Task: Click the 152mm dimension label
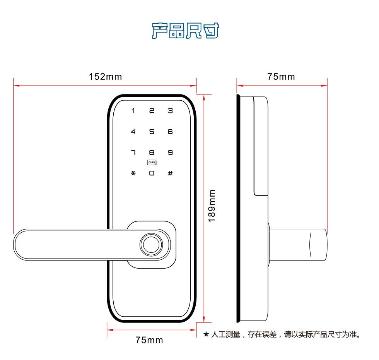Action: [x=105, y=77]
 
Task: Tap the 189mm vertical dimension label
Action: [x=212, y=206]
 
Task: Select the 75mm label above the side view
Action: [x=281, y=77]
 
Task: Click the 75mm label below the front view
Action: [x=149, y=340]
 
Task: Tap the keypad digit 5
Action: [x=152, y=132]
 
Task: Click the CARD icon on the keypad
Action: [x=152, y=163]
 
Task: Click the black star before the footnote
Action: [x=206, y=334]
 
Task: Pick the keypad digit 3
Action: [x=170, y=111]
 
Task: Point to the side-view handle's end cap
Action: [x=318, y=244]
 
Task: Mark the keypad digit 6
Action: [x=170, y=132]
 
